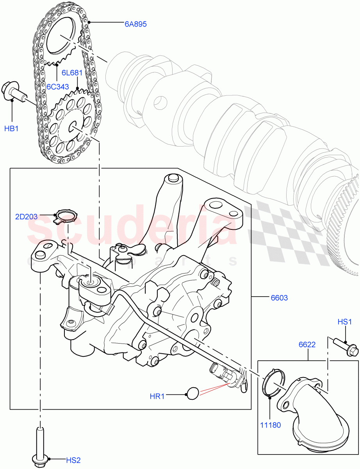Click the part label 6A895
coord(135,24)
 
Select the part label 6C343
coord(58,86)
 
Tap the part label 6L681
coord(72,73)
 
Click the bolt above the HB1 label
coord(14,92)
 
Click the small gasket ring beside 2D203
coord(66,216)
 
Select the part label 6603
coord(279,298)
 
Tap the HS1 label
coord(345,322)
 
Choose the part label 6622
coord(307,345)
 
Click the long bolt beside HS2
coord(40,446)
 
